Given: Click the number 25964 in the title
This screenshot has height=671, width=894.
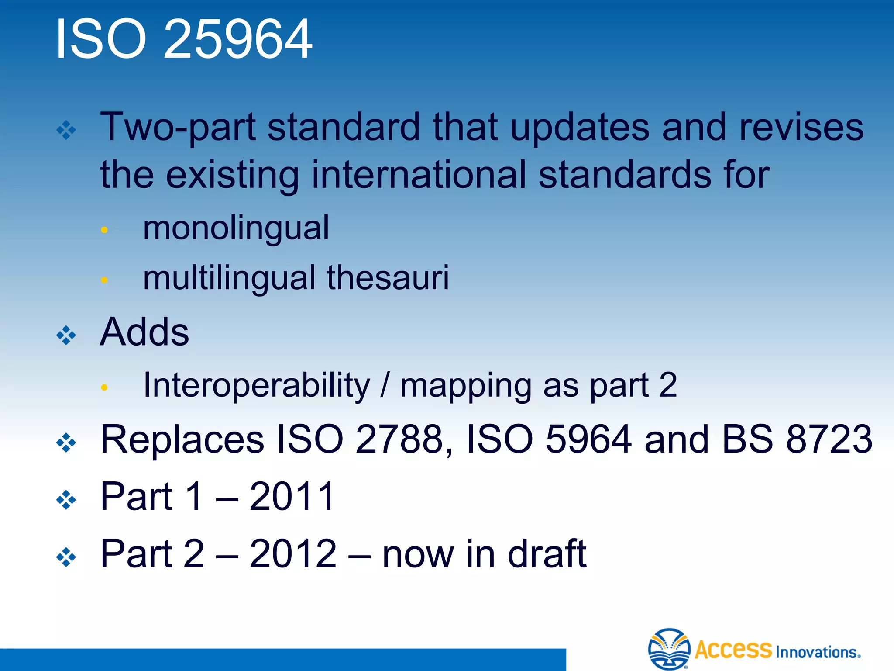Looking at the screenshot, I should click(x=238, y=39).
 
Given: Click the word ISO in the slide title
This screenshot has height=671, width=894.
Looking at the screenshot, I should click(x=101, y=39).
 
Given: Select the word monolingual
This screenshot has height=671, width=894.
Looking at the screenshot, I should click(x=236, y=228).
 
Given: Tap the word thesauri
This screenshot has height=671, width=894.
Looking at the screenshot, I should click(x=388, y=278).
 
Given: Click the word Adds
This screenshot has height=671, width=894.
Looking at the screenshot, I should click(x=144, y=332).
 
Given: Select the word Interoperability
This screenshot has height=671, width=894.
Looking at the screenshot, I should click(x=257, y=385).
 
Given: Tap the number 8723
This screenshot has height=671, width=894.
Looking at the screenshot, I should click(x=829, y=439).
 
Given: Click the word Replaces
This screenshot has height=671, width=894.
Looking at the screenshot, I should click(x=182, y=439).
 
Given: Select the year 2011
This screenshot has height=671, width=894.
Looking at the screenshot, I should click(x=292, y=496).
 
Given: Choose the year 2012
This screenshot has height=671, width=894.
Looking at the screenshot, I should click(x=293, y=553).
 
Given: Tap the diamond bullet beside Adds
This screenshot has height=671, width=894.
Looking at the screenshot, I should click(x=66, y=335).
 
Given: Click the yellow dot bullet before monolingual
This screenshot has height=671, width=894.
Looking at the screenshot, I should click(x=104, y=230).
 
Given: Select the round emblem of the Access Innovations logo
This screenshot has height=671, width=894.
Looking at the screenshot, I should click(x=669, y=649).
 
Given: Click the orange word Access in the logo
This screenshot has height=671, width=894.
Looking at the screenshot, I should click(x=733, y=650).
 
